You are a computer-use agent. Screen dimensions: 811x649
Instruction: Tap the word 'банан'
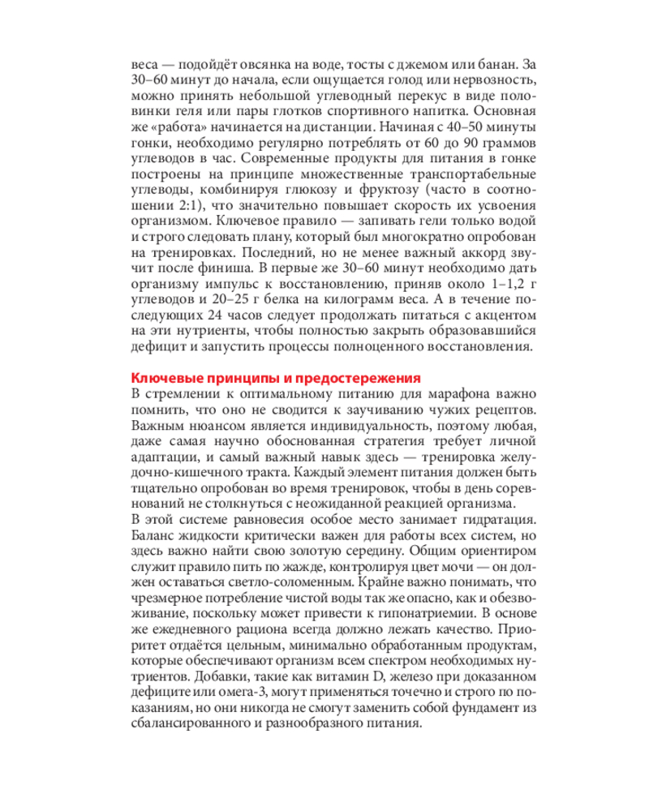pyautogui.click(x=497, y=64)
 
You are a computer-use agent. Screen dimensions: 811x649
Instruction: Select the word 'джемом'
pyautogui.click(x=432, y=64)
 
